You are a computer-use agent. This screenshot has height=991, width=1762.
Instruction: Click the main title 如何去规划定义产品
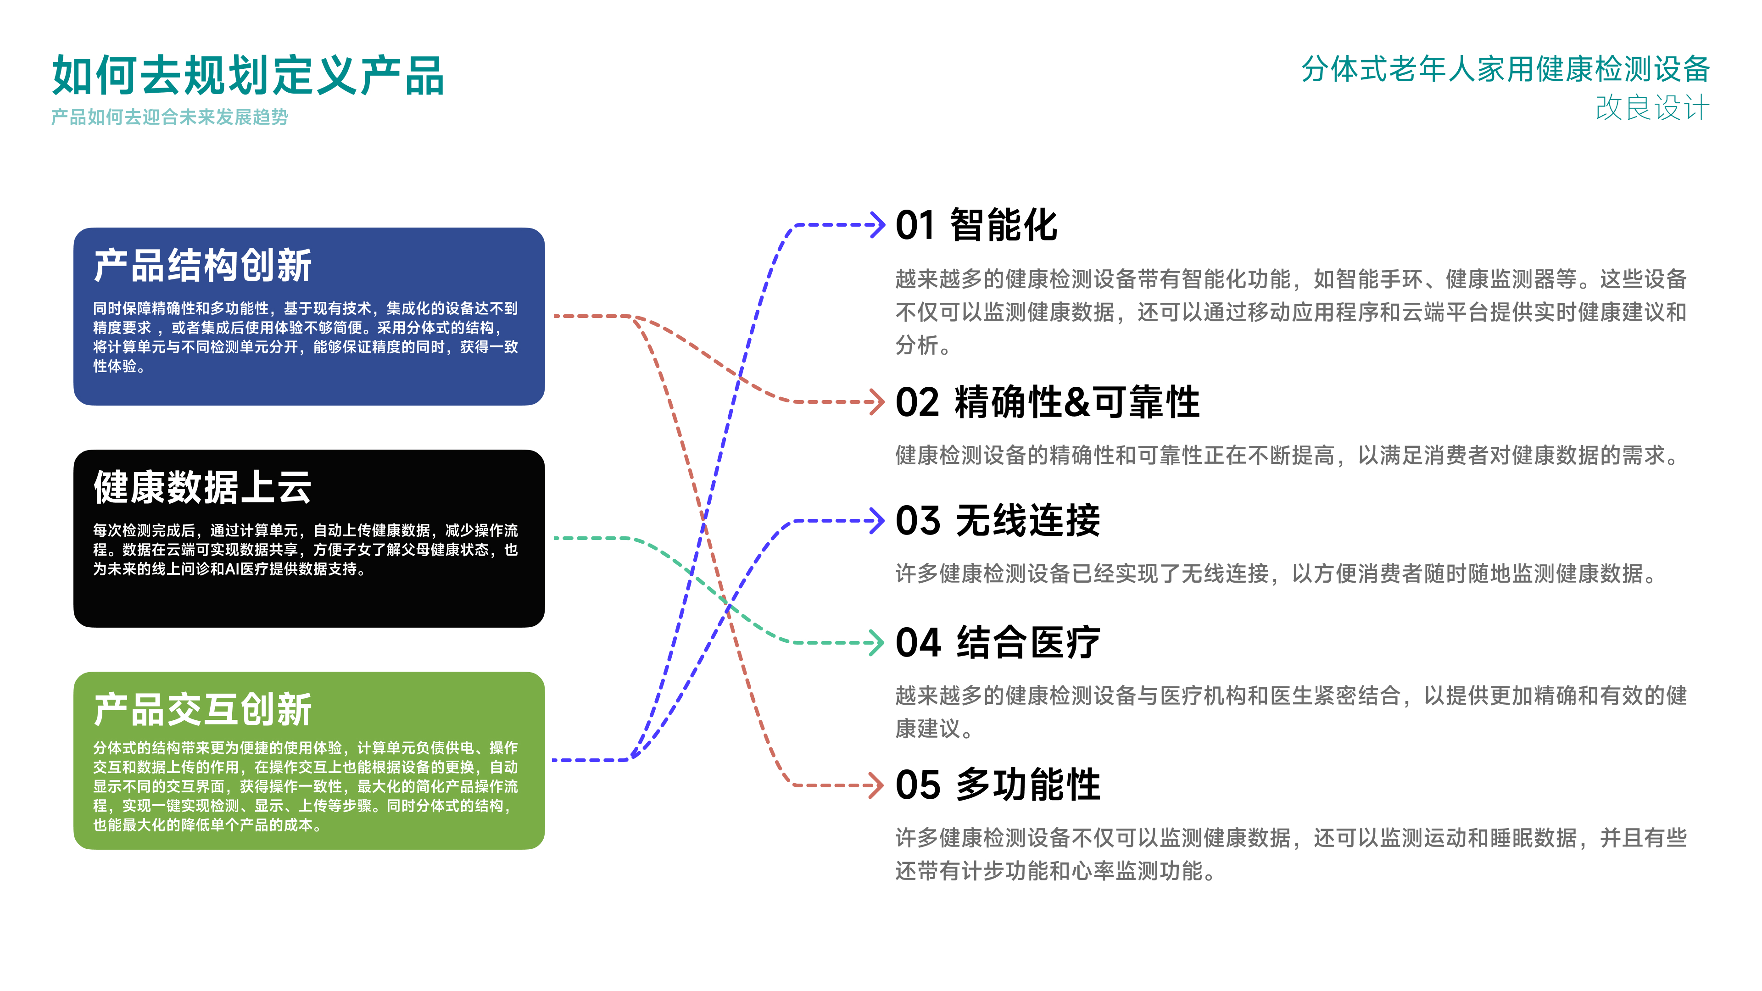point(248,75)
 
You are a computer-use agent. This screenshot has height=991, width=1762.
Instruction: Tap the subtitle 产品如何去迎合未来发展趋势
point(170,117)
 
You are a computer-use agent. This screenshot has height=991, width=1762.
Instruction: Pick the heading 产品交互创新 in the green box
point(202,709)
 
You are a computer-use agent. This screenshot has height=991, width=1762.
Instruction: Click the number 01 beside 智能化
point(915,226)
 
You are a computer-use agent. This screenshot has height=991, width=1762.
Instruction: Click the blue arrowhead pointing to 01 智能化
point(878,224)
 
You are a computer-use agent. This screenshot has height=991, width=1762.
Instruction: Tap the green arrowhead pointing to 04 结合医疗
point(878,643)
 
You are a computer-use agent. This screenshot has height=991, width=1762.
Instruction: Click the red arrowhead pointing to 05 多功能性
point(878,785)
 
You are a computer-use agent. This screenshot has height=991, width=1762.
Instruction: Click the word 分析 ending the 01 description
point(917,345)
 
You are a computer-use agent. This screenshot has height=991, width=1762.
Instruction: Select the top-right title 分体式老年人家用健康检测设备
point(1505,69)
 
